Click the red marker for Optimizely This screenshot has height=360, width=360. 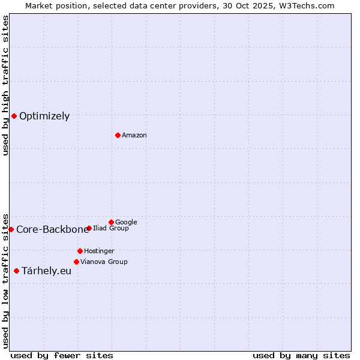(x=14, y=116)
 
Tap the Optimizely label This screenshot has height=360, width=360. (x=44, y=116)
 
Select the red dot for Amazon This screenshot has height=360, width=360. (x=118, y=135)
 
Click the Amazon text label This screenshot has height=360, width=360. (x=134, y=136)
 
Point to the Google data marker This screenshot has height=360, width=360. (x=111, y=222)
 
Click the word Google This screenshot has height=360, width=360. (x=126, y=223)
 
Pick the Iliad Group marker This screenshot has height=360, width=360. (x=89, y=228)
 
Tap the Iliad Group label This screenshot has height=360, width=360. (x=111, y=229)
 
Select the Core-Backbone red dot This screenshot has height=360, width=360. (x=11, y=229)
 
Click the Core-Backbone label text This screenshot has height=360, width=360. (x=52, y=230)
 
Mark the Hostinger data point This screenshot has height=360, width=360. (x=80, y=251)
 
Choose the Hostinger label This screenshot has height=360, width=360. (x=99, y=251)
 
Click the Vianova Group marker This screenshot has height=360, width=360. (x=76, y=262)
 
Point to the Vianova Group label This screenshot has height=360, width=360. (x=104, y=262)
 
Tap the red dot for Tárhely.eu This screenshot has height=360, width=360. (x=16, y=271)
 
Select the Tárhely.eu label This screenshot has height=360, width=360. (x=46, y=271)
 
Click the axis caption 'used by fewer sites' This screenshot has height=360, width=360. (x=62, y=355)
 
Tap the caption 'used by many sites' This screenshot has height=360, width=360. (x=301, y=355)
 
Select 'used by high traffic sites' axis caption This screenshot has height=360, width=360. (x=6, y=85)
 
